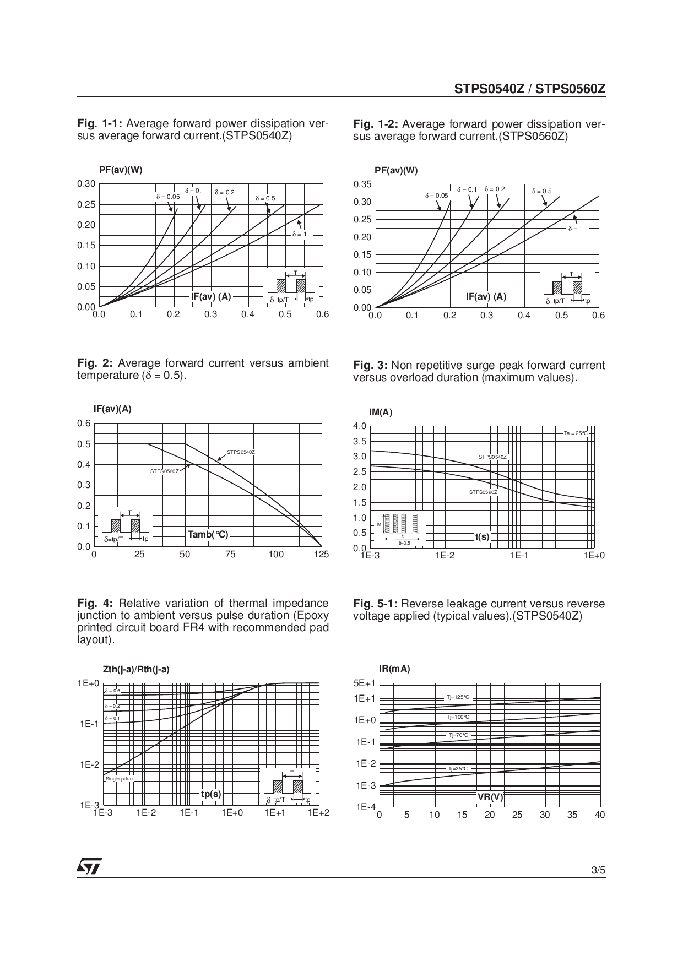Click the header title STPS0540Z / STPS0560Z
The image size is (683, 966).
[x=529, y=89]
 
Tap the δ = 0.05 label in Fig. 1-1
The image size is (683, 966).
[x=168, y=197]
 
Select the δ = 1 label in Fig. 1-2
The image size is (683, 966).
[x=575, y=229]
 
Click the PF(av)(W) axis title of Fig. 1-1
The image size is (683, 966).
[x=121, y=170]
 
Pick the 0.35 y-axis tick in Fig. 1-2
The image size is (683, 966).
[x=362, y=184]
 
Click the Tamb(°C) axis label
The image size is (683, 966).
[x=208, y=534]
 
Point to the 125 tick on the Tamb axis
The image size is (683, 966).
[x=321, y=555]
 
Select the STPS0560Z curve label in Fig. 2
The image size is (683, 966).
[x=165, y=471]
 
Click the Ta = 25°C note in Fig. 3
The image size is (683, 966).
[x=576, y=433]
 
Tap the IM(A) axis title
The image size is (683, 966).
[x=381, y=413]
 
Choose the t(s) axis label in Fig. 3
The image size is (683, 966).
[x=482, y=536]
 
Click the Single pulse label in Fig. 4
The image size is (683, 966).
[x=119, y=779]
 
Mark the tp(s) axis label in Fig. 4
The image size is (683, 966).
[x=210, y=794]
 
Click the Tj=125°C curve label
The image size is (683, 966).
[x=458, y=697]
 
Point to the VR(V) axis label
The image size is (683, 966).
[x=490, y=797]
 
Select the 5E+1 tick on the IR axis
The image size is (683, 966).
[x=364, y=683]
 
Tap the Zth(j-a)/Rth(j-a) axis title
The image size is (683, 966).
[x=136, y=670]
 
